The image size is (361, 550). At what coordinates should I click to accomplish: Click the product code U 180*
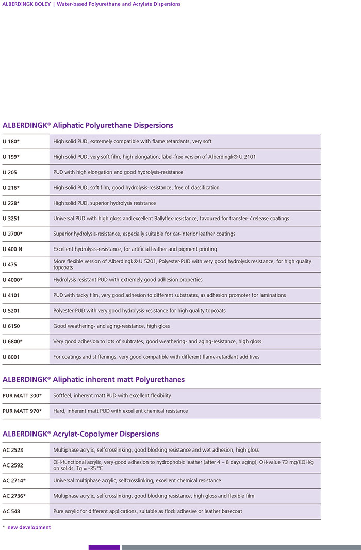(11, 141)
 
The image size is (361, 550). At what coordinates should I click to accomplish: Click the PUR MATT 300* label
(22, 396)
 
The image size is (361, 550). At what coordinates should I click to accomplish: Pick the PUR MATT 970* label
(22, 411)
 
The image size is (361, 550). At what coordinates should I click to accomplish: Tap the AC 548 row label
(12, 511)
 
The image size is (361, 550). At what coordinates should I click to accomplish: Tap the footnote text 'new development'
(29, 527)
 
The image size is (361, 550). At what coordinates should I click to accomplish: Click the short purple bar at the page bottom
(104, 547)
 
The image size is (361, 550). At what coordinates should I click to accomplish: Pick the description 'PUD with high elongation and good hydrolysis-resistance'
(118, 172)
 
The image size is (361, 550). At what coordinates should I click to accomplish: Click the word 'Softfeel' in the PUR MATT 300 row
(62, 396)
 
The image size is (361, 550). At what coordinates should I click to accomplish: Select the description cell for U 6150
(111, 326)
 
